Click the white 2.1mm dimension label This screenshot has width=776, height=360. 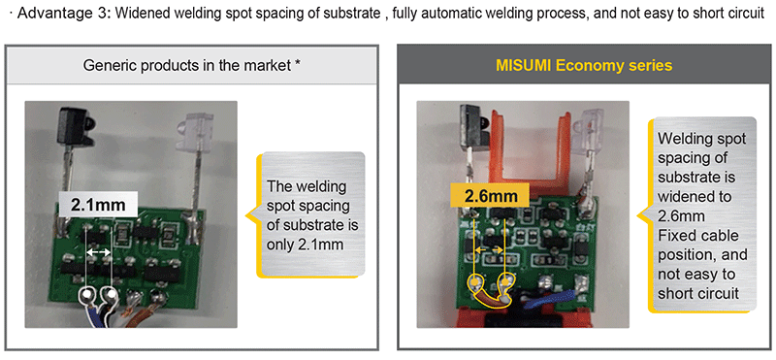[98, 204]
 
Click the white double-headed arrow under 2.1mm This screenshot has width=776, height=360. [99, 251]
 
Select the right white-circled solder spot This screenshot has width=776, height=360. [113, 292]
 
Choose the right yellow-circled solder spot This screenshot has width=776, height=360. [506, 284]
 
